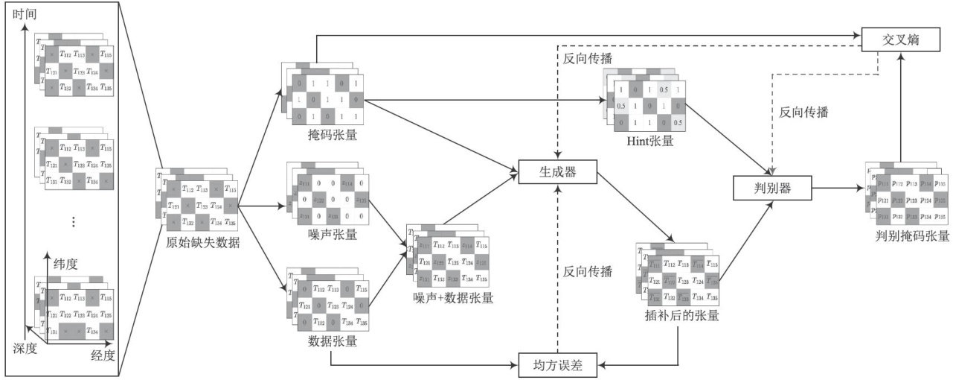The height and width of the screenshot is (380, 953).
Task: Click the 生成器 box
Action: [x=557, y=172]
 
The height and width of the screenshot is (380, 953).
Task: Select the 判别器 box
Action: [x=771, y=188]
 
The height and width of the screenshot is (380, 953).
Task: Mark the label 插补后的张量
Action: [x=681, y=315]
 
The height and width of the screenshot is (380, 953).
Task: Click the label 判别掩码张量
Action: [x=913, y=236]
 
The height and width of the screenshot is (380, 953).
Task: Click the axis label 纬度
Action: [x=65, y=265]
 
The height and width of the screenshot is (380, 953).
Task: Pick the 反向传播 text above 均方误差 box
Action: [x=588, y=271]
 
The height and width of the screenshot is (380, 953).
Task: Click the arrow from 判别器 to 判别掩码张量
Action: [x=837, y=189]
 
